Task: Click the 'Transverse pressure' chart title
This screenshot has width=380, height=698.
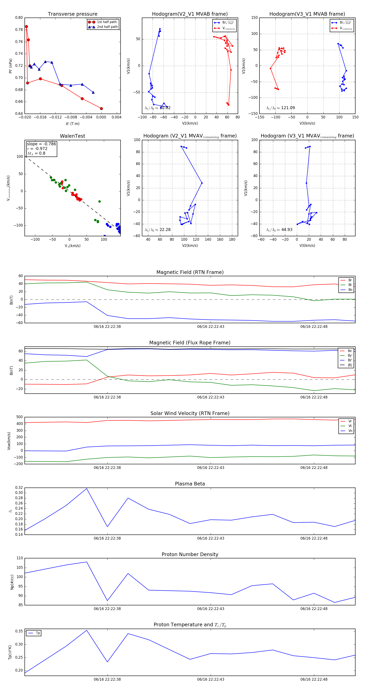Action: (x=72, y=14)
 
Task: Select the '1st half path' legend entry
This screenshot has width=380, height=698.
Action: (x=107, y=22)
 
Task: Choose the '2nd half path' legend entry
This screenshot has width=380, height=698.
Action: (x=107, y=27)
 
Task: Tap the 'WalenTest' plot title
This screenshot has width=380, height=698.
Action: (x=72, y=136)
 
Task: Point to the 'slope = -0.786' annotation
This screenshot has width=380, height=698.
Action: (x=41, y=144)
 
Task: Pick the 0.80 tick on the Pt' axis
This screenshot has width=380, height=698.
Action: (x=19, y=18)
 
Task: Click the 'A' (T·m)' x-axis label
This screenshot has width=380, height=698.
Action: (x=72, y=124)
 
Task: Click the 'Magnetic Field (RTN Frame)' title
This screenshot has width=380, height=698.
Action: (x=190, y=272)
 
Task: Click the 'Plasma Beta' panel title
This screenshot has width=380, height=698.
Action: (x=190, y=484)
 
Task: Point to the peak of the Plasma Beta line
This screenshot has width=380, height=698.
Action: (x=87, y=489)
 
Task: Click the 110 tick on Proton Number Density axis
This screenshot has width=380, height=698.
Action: (x=20, y=558)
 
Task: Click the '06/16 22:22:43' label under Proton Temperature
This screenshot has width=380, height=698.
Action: (x=210, y=679)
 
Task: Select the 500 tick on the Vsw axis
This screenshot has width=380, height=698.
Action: (x=19, y=417)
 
